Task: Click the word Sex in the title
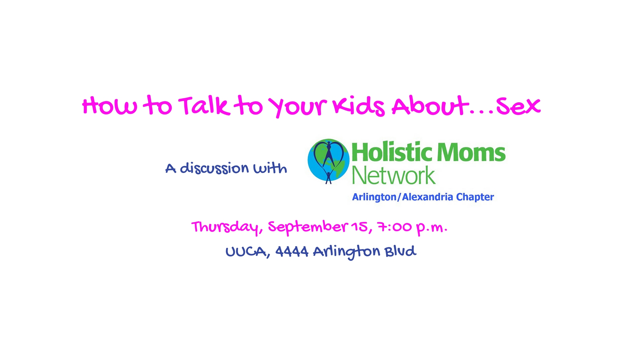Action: (x=518, y=106)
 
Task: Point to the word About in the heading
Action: (x=430, y=106)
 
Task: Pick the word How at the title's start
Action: (x=109, y=106)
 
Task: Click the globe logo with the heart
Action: (x=328, y=161)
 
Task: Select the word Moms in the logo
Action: (x=471, y=152)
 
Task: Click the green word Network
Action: (x=394, y=175)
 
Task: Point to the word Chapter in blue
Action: (x=475, y=197)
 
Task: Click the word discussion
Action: (x=214, y=168)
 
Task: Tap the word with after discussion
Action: (x=270, y=168)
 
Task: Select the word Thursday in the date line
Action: (x=225, y=227)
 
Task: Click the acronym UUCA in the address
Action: (x=246, y=251)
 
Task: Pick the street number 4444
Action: (x=292, y=251)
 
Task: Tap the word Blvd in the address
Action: (x=400, y=251)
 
